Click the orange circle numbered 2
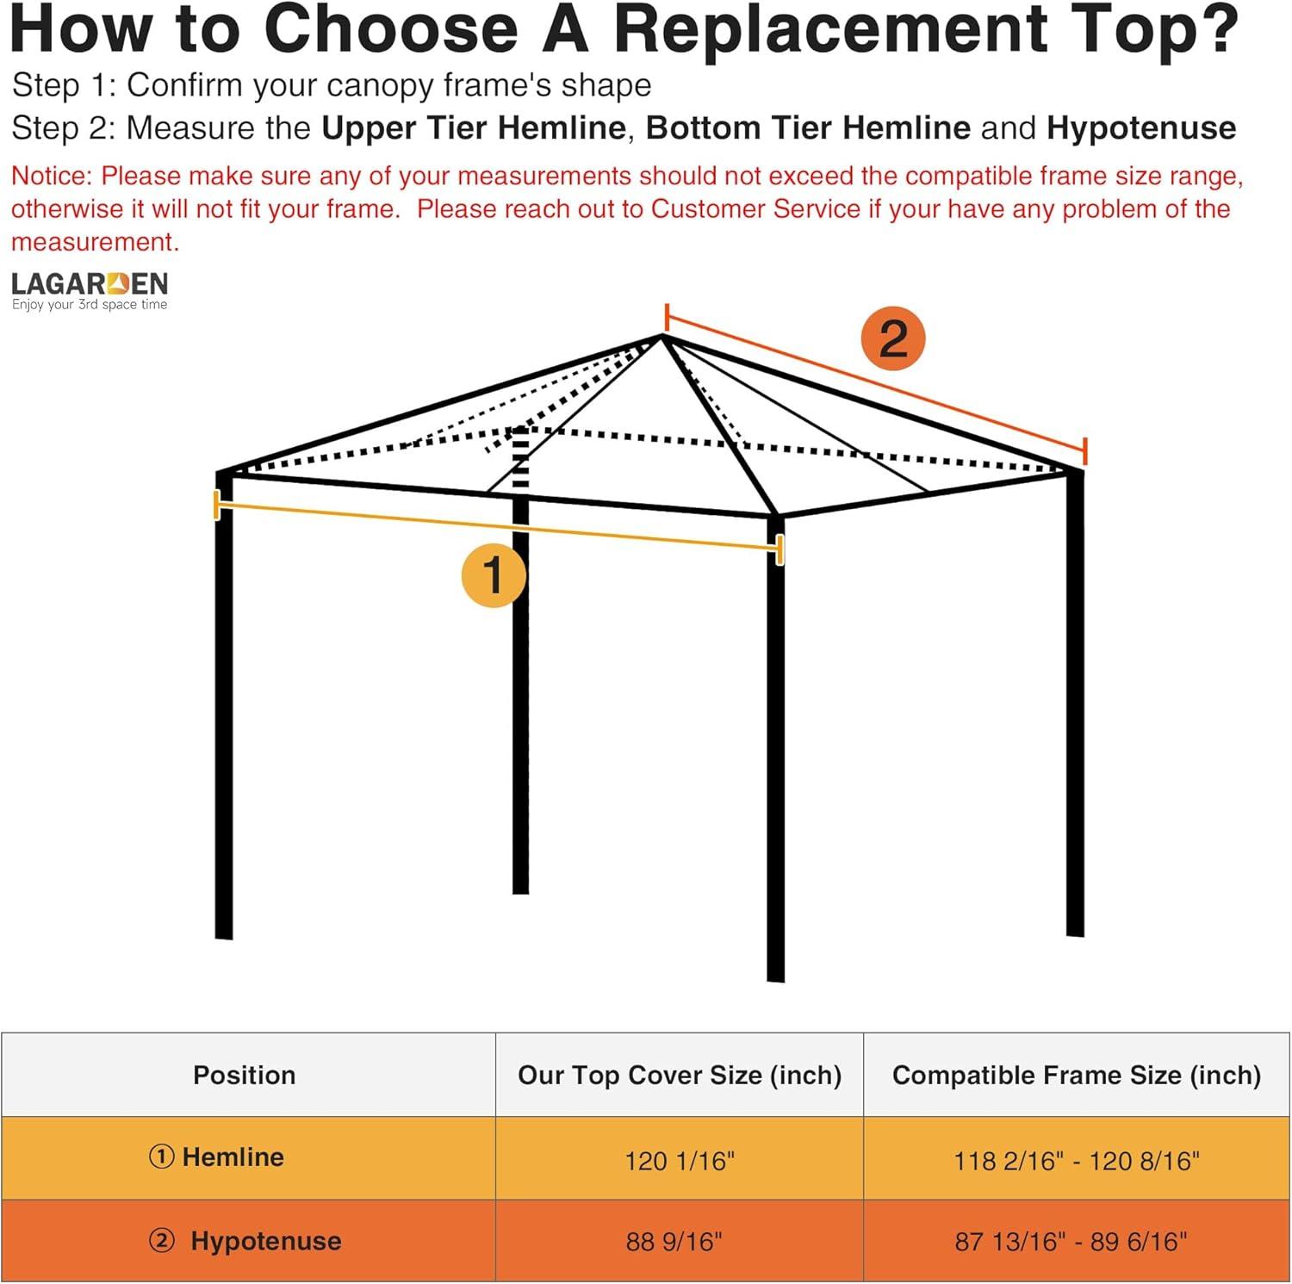pos(893,338)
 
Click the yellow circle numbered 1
pos(494,574)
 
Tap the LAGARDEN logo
pos(90,284)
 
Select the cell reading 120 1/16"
pos(680,1161)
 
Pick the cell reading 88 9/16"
pos(674,1241)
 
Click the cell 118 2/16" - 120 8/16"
pos(1076,1161)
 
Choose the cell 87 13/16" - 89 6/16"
pos(1071,1241)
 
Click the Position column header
pos(245,1075)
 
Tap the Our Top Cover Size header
pos(680,1075)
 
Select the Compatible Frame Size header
pos(1076,1075)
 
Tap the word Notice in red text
pos(50,176)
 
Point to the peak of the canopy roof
pos(662,337)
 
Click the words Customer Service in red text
pos(755,209)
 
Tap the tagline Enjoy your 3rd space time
pos(90,305)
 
